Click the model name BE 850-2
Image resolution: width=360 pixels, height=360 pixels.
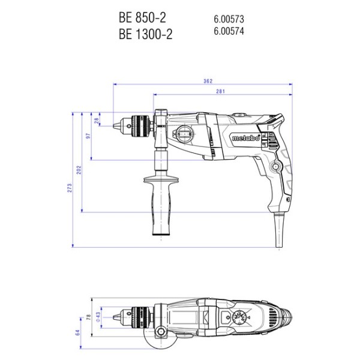click(x=142, y=17)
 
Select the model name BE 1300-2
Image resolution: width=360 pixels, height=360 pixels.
click(x=145, y=34)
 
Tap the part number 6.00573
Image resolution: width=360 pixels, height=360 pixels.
click(x=229, y=19)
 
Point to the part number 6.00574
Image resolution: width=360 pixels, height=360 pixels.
click(x=229, y=31)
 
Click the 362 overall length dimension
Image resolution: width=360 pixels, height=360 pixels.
click(x=208, y=81)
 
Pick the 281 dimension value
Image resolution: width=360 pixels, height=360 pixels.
click(x=220, y=91)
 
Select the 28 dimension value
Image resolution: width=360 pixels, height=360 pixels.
click(x=97, y=121)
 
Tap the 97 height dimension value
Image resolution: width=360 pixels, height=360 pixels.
click(x=88, y=136)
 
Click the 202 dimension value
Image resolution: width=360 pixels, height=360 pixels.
click(x=79, y=170)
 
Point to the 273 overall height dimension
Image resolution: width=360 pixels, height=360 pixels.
click(x=70, y=188)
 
